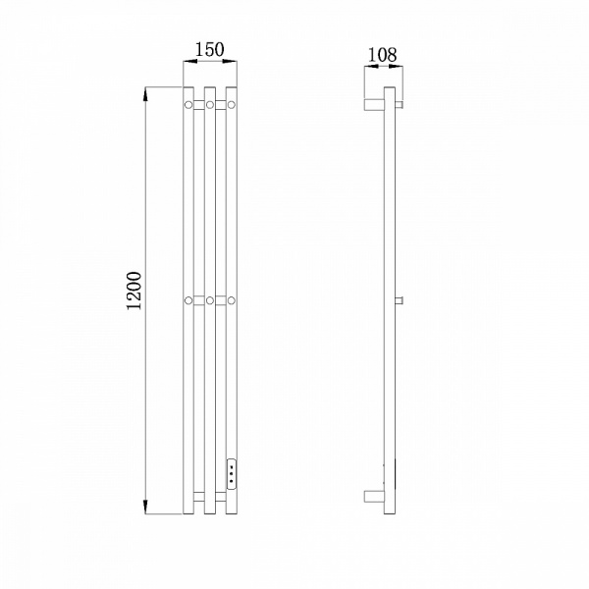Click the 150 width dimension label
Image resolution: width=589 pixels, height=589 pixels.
coord(210,50)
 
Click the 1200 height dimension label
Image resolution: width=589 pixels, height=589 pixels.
coord(134,291)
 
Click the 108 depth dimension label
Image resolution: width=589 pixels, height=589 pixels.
coord(382,55)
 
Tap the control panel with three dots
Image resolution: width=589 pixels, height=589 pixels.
coord(232,474)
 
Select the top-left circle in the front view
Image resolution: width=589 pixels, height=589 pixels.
coord(188,105)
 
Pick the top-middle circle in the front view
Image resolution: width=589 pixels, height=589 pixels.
coord(210,105)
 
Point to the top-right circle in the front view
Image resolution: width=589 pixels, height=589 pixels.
coord(232,105)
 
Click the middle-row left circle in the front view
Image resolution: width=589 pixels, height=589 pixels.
coord(188,300)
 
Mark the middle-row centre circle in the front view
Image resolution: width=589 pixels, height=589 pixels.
coord(210,300)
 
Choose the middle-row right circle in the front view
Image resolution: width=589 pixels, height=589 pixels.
coord(232,300)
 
